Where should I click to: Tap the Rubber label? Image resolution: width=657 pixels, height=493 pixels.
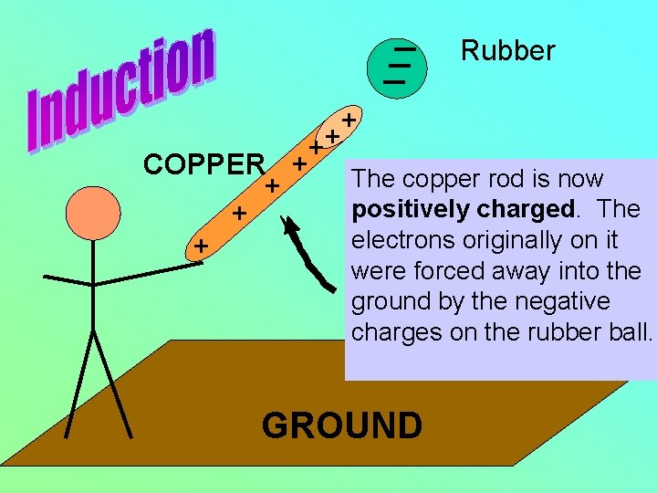507,51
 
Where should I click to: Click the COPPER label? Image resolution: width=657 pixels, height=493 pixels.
203,164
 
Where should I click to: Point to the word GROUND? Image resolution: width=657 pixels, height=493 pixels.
342,425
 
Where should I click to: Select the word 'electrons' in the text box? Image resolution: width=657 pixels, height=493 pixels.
396,240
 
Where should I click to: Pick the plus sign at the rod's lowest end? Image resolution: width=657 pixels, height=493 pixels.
201,246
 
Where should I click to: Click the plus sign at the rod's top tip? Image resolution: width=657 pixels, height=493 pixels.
348,120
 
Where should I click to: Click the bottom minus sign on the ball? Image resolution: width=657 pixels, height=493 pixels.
394,81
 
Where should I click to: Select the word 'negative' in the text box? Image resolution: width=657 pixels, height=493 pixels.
567,301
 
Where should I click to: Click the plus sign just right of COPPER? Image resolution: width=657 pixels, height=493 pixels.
271,186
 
